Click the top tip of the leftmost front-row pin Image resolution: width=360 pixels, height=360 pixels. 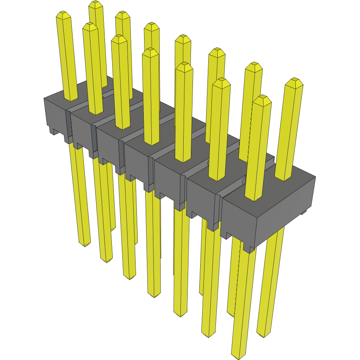[63, 15]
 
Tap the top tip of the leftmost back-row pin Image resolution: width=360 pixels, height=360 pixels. [95, 4]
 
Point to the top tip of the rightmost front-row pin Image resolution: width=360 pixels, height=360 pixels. [263, 98]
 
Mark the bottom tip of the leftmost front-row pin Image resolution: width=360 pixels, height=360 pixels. [84, 244]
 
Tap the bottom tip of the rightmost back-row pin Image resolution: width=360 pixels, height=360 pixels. [264, 334]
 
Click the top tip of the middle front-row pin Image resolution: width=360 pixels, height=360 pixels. [151, 51]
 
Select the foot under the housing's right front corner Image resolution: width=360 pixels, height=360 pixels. [249, 248]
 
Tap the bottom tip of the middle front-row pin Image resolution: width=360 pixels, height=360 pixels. [154, 295]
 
